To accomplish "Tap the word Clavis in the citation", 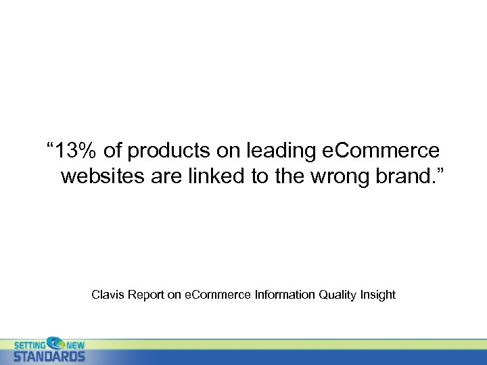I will click(106, 295).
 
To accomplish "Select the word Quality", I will click(336, 295).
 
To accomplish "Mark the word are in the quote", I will click(168, 177).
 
